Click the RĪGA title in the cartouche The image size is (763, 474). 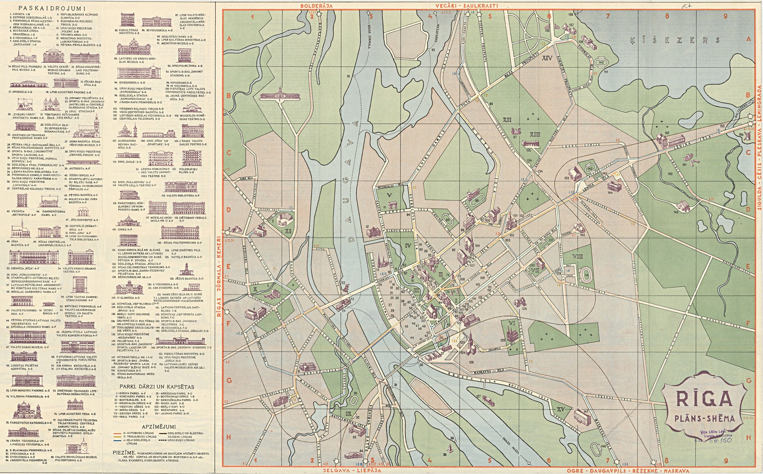tap(705, 399)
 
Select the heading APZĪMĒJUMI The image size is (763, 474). tap(159, 427)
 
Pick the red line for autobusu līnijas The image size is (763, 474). tap(118, 433)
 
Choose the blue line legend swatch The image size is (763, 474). tap(118, 440)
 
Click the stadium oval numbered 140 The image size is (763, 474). tap(601, 62)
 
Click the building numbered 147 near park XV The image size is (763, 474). tap(582, 417)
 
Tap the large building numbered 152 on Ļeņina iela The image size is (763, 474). tap(670, 140)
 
